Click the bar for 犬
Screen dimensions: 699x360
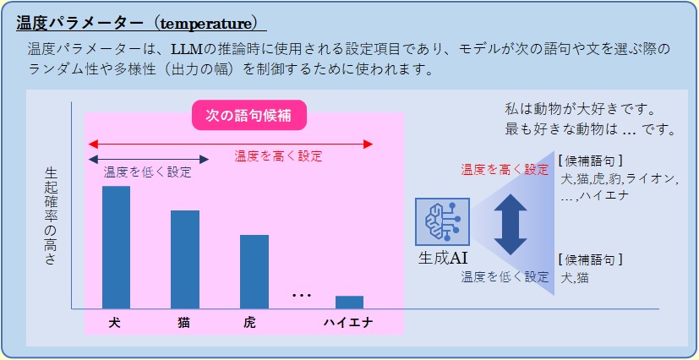[117, 248]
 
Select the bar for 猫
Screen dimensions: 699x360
[185, 259]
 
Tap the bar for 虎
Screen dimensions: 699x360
[254, 272]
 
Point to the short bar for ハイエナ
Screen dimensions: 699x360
[350, 302]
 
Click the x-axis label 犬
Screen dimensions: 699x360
[115, 323]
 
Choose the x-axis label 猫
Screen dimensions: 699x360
[183, 323]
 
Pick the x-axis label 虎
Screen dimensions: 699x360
[250, 323]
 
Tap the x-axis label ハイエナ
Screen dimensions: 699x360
[347, 323]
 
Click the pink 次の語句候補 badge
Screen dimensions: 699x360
[249, 116]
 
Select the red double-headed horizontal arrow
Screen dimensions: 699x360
[231, 144]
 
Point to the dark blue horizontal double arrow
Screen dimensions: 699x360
[149, 159]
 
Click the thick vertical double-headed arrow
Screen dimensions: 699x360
[511, 225]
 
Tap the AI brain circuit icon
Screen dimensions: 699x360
[442, 222]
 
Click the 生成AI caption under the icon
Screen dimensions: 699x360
[443, 259]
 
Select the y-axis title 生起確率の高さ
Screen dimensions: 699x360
[52, 216]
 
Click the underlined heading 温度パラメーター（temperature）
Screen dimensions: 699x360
[138, 23]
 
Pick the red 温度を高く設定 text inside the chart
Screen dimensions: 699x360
[278, 156]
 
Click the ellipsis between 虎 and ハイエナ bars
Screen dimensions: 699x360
[302, 295]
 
